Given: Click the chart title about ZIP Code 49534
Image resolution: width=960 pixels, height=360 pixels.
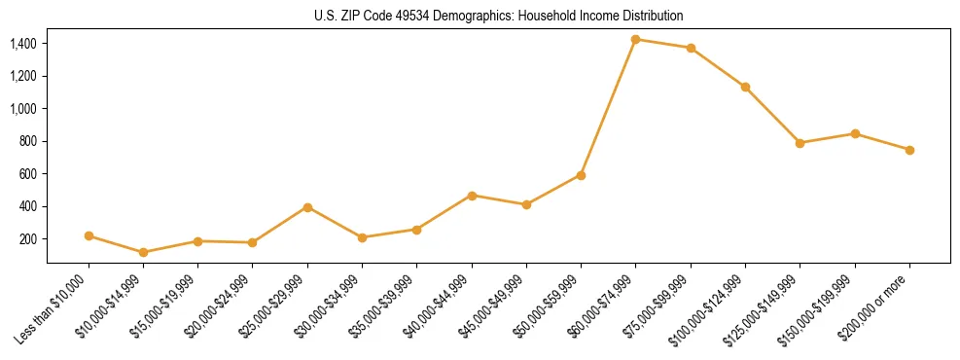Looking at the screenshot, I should tap(498, 17).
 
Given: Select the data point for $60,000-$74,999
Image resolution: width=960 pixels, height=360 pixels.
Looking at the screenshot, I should tap(635, 39).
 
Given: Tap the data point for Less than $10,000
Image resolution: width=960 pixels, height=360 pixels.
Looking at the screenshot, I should tap(89, 235).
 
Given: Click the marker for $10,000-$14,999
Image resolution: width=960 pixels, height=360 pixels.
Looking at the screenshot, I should tap(144, 252).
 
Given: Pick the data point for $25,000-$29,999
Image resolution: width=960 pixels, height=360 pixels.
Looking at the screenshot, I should tap(307, 207).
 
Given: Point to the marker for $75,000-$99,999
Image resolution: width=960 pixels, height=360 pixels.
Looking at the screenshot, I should tap(691, 48).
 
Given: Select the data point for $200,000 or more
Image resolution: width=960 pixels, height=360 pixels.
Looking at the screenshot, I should tap(909, 150).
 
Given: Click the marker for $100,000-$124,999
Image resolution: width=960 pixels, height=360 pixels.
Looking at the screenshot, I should tap(745, 87).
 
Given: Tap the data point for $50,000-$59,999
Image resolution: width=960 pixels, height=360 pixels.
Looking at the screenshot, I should tap(581, 175).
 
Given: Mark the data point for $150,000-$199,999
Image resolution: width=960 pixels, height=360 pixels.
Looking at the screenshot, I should tap(855, 133).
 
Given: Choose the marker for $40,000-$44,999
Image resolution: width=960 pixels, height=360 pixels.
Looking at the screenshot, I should tap(472, 196).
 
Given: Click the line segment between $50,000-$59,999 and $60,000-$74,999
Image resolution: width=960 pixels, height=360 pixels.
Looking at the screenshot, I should tap(608, 107).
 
